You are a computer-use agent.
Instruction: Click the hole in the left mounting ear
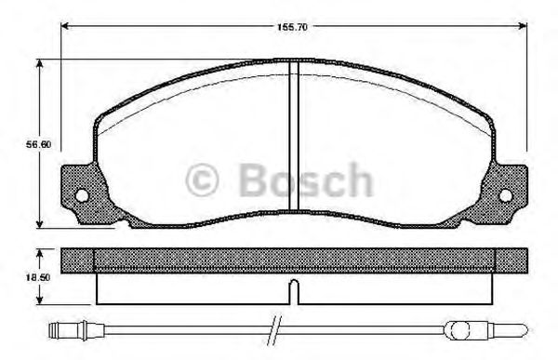[x=81, y=196]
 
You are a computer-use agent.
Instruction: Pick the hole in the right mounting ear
[x=507, y=195]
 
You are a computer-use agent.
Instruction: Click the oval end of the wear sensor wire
[x=459, y=327]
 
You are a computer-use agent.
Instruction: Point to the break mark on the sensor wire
[x=272, y=327]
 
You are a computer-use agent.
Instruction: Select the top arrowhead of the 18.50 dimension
[x=40, y=251]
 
